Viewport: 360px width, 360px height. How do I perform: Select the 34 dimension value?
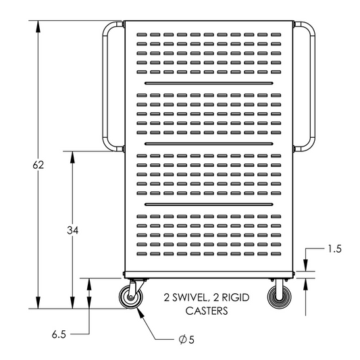click(73, 231)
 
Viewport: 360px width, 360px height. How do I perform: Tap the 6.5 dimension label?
click(58, 334)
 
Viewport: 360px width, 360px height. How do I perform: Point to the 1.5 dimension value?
click(334, 249)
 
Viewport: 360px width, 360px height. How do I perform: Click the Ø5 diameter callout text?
click(186, 340)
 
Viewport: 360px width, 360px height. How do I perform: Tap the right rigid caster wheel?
click(278, 298)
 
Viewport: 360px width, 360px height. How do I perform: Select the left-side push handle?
click(108, 86)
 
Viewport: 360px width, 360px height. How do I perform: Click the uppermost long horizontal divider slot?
click(209, 82)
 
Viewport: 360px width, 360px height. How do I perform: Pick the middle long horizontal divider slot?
click(209, 143)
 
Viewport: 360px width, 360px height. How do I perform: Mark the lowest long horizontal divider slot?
click(209, 204)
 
